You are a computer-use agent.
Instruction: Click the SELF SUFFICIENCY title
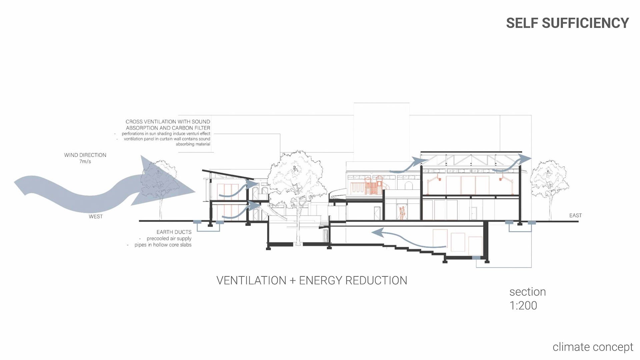point(567,23)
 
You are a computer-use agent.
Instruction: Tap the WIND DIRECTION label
point(85,155)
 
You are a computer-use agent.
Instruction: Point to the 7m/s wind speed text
point(85,162)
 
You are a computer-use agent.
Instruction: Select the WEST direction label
point(96,217)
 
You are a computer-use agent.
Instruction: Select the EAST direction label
point(575,216)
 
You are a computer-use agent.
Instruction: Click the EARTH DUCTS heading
point(174,232)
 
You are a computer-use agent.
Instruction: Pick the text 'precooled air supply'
point(169,239)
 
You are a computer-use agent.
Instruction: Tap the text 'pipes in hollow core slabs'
point(163,245)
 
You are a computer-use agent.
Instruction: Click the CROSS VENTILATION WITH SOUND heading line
point(168,122)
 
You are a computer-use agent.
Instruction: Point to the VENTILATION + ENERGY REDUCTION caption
point(312,281)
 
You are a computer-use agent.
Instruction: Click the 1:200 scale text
point(523,306)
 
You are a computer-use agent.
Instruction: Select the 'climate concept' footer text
point(593,347)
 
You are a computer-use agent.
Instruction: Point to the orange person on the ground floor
point(402,212)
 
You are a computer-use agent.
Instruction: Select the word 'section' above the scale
point(527,292)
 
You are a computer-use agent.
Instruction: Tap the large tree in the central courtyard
point(297,180)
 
